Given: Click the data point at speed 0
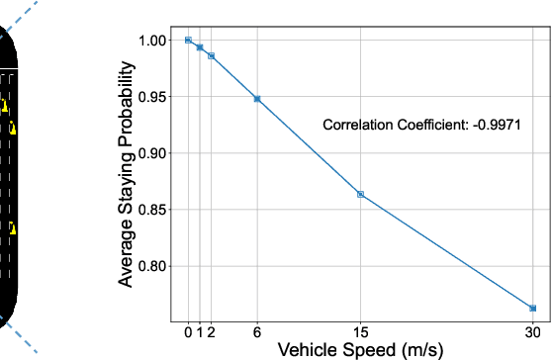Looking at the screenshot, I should click(x=188, y=41).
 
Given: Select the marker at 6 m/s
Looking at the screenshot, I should click(x=257, y=99).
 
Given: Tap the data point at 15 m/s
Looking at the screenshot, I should click(x=360, y=194).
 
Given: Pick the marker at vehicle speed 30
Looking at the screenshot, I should click(x=532, y=309).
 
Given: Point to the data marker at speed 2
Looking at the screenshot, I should click(x=211, y=56).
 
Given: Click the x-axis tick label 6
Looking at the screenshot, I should click(x=257, y=331).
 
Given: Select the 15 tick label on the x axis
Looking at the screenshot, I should click(x=360, y=331).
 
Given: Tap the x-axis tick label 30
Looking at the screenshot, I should click(x=532, y=331).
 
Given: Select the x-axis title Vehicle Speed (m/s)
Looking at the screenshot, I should click(x=359, y=349).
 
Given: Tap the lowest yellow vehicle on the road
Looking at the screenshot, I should click(x=13, y=228).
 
